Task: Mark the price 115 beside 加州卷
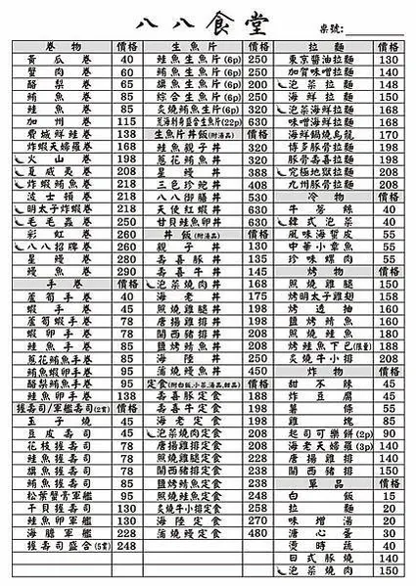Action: [127, 120]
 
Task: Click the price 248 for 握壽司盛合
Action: [127, 544]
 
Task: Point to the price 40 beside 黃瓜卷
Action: [127, 59]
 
